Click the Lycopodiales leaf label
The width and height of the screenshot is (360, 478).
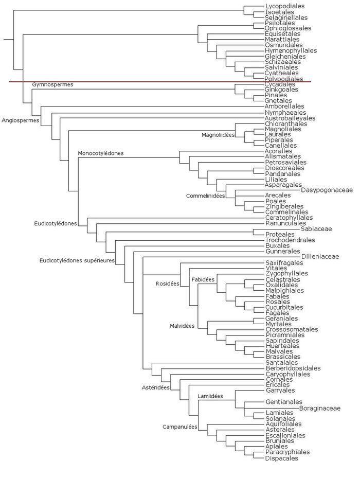(285, 6)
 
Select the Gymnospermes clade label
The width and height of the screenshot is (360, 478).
(52, 84)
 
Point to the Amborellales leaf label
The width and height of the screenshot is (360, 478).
(285, 107)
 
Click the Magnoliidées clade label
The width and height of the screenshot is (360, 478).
(218, 135)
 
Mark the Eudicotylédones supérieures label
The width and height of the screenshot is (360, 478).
(77, 260)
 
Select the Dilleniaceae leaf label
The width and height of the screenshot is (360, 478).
(320, 256)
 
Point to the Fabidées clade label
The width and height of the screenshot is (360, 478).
(203, 279)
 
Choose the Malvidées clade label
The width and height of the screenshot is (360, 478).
(182, 326)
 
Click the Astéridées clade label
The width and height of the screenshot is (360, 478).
(155, 388)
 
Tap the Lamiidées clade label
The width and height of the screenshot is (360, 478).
(210, 396)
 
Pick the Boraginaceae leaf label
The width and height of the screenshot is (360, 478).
(320, 408)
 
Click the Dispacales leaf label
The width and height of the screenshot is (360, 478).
(281, 458)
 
